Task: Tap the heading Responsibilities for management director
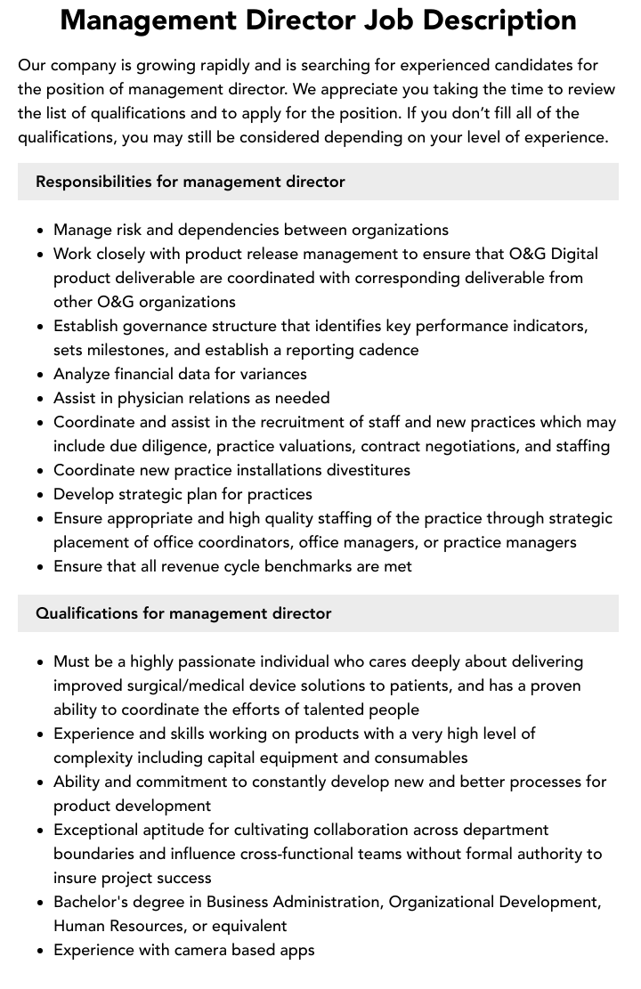tap(190, 182)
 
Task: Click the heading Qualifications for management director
tap(183, 613)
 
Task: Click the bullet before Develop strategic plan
tap(41, 495)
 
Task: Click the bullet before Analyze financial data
tap(41, 375)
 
